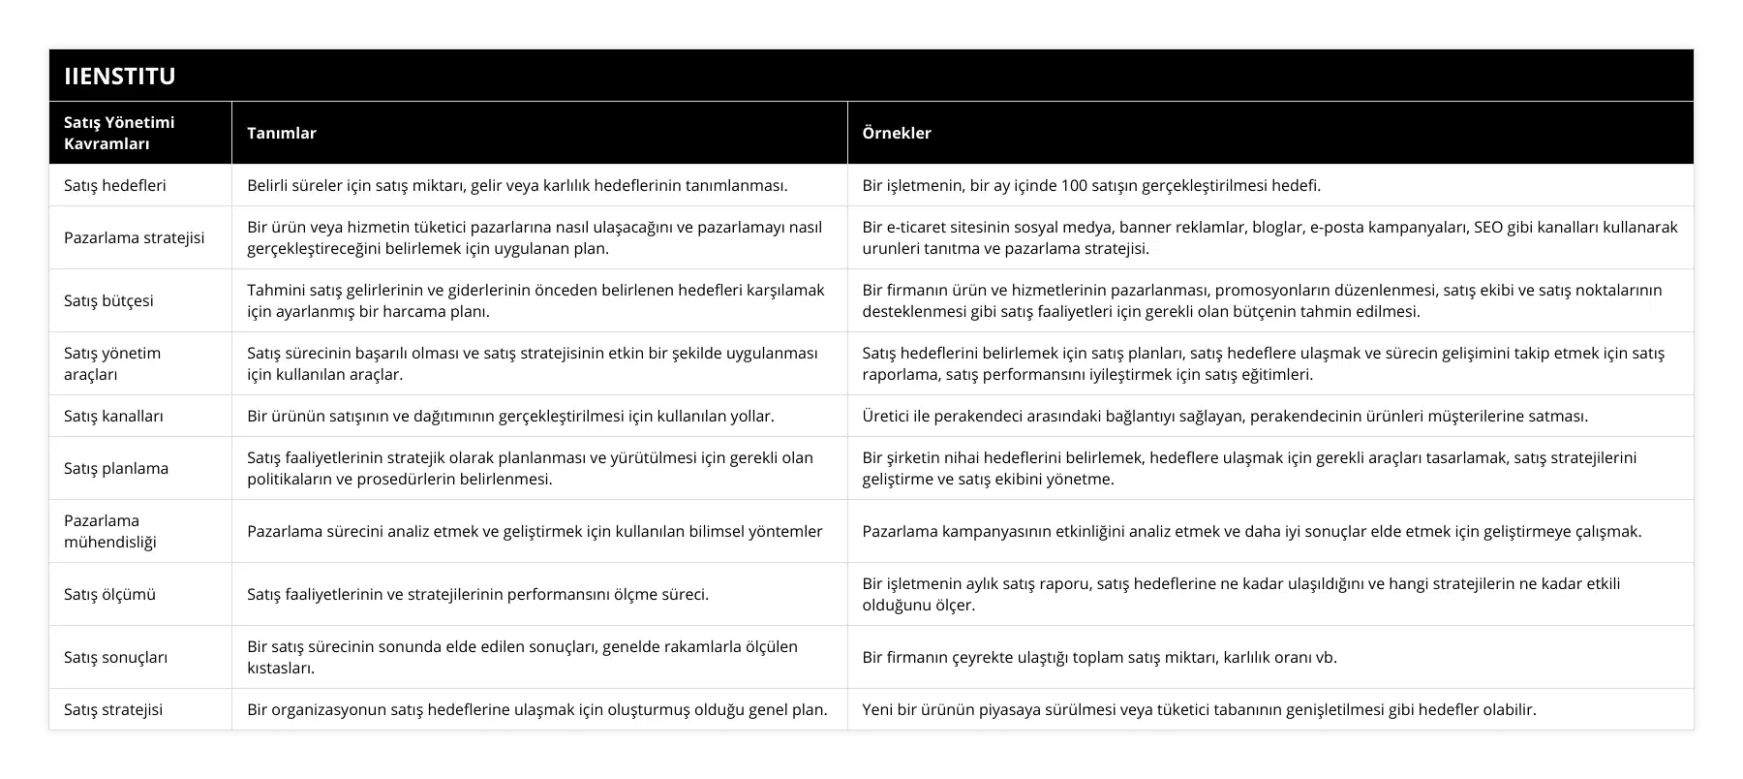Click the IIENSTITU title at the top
click(119, 76)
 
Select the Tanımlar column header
click(281, 133)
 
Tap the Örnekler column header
click(897, 133)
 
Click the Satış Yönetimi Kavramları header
click(119, 133)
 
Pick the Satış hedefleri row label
click(114, 185)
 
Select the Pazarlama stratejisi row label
click(134, 237)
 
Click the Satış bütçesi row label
click(108, 300)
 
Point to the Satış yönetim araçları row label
click(112, 363)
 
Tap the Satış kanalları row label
click(113, 416)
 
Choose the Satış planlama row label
click(116, 468)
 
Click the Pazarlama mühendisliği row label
click(110, 531)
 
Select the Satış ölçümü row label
click(109, 594)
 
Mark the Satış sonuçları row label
click(115, 657)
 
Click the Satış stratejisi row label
click(113, 709)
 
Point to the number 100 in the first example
click(1075, 185)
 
